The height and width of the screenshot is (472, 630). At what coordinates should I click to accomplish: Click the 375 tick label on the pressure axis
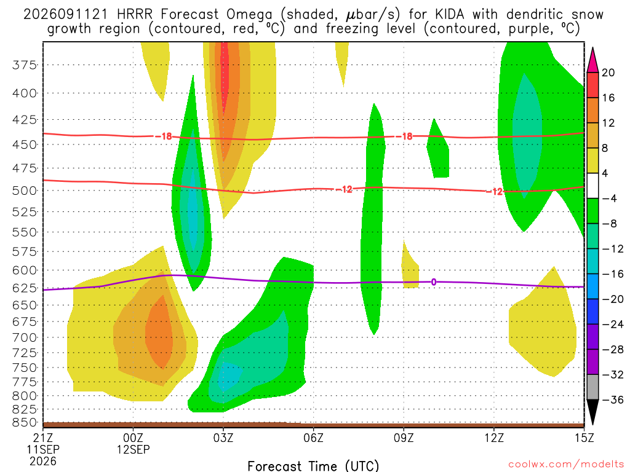[x=25, y=65]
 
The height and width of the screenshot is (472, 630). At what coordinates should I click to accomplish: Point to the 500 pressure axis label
[x=25, y=191]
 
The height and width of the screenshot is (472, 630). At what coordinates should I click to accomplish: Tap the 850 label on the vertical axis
[x=25, y=423]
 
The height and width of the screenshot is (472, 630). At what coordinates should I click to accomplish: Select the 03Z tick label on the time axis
[x=223, y=438]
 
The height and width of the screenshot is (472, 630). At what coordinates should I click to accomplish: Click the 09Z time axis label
[x=404, y=438]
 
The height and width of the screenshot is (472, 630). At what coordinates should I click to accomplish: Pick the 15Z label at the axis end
[x=584, y=438]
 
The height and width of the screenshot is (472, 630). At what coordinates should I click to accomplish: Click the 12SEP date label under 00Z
[x=134, y=449]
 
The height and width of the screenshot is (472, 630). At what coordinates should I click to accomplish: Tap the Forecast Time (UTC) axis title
[x=313, y=466]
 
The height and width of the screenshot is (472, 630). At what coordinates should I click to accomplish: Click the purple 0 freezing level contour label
[x=434, y=282]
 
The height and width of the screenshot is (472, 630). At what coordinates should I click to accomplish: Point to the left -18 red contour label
[x=164, y=136]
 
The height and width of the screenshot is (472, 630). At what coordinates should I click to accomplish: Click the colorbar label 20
[x=608, y=73]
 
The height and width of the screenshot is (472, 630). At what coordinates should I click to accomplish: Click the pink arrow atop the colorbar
[x=592, y=60]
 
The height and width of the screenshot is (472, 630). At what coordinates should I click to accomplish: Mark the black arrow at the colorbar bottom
[x=592, y=412]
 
